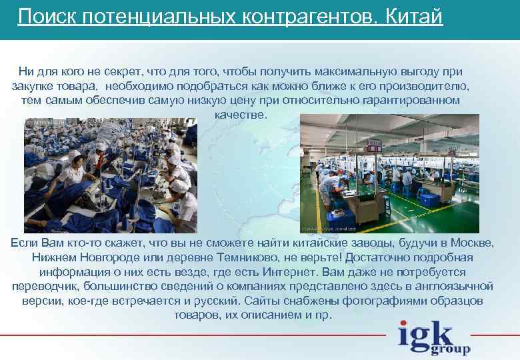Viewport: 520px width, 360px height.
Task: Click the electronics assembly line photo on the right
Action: tap(389, 173)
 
